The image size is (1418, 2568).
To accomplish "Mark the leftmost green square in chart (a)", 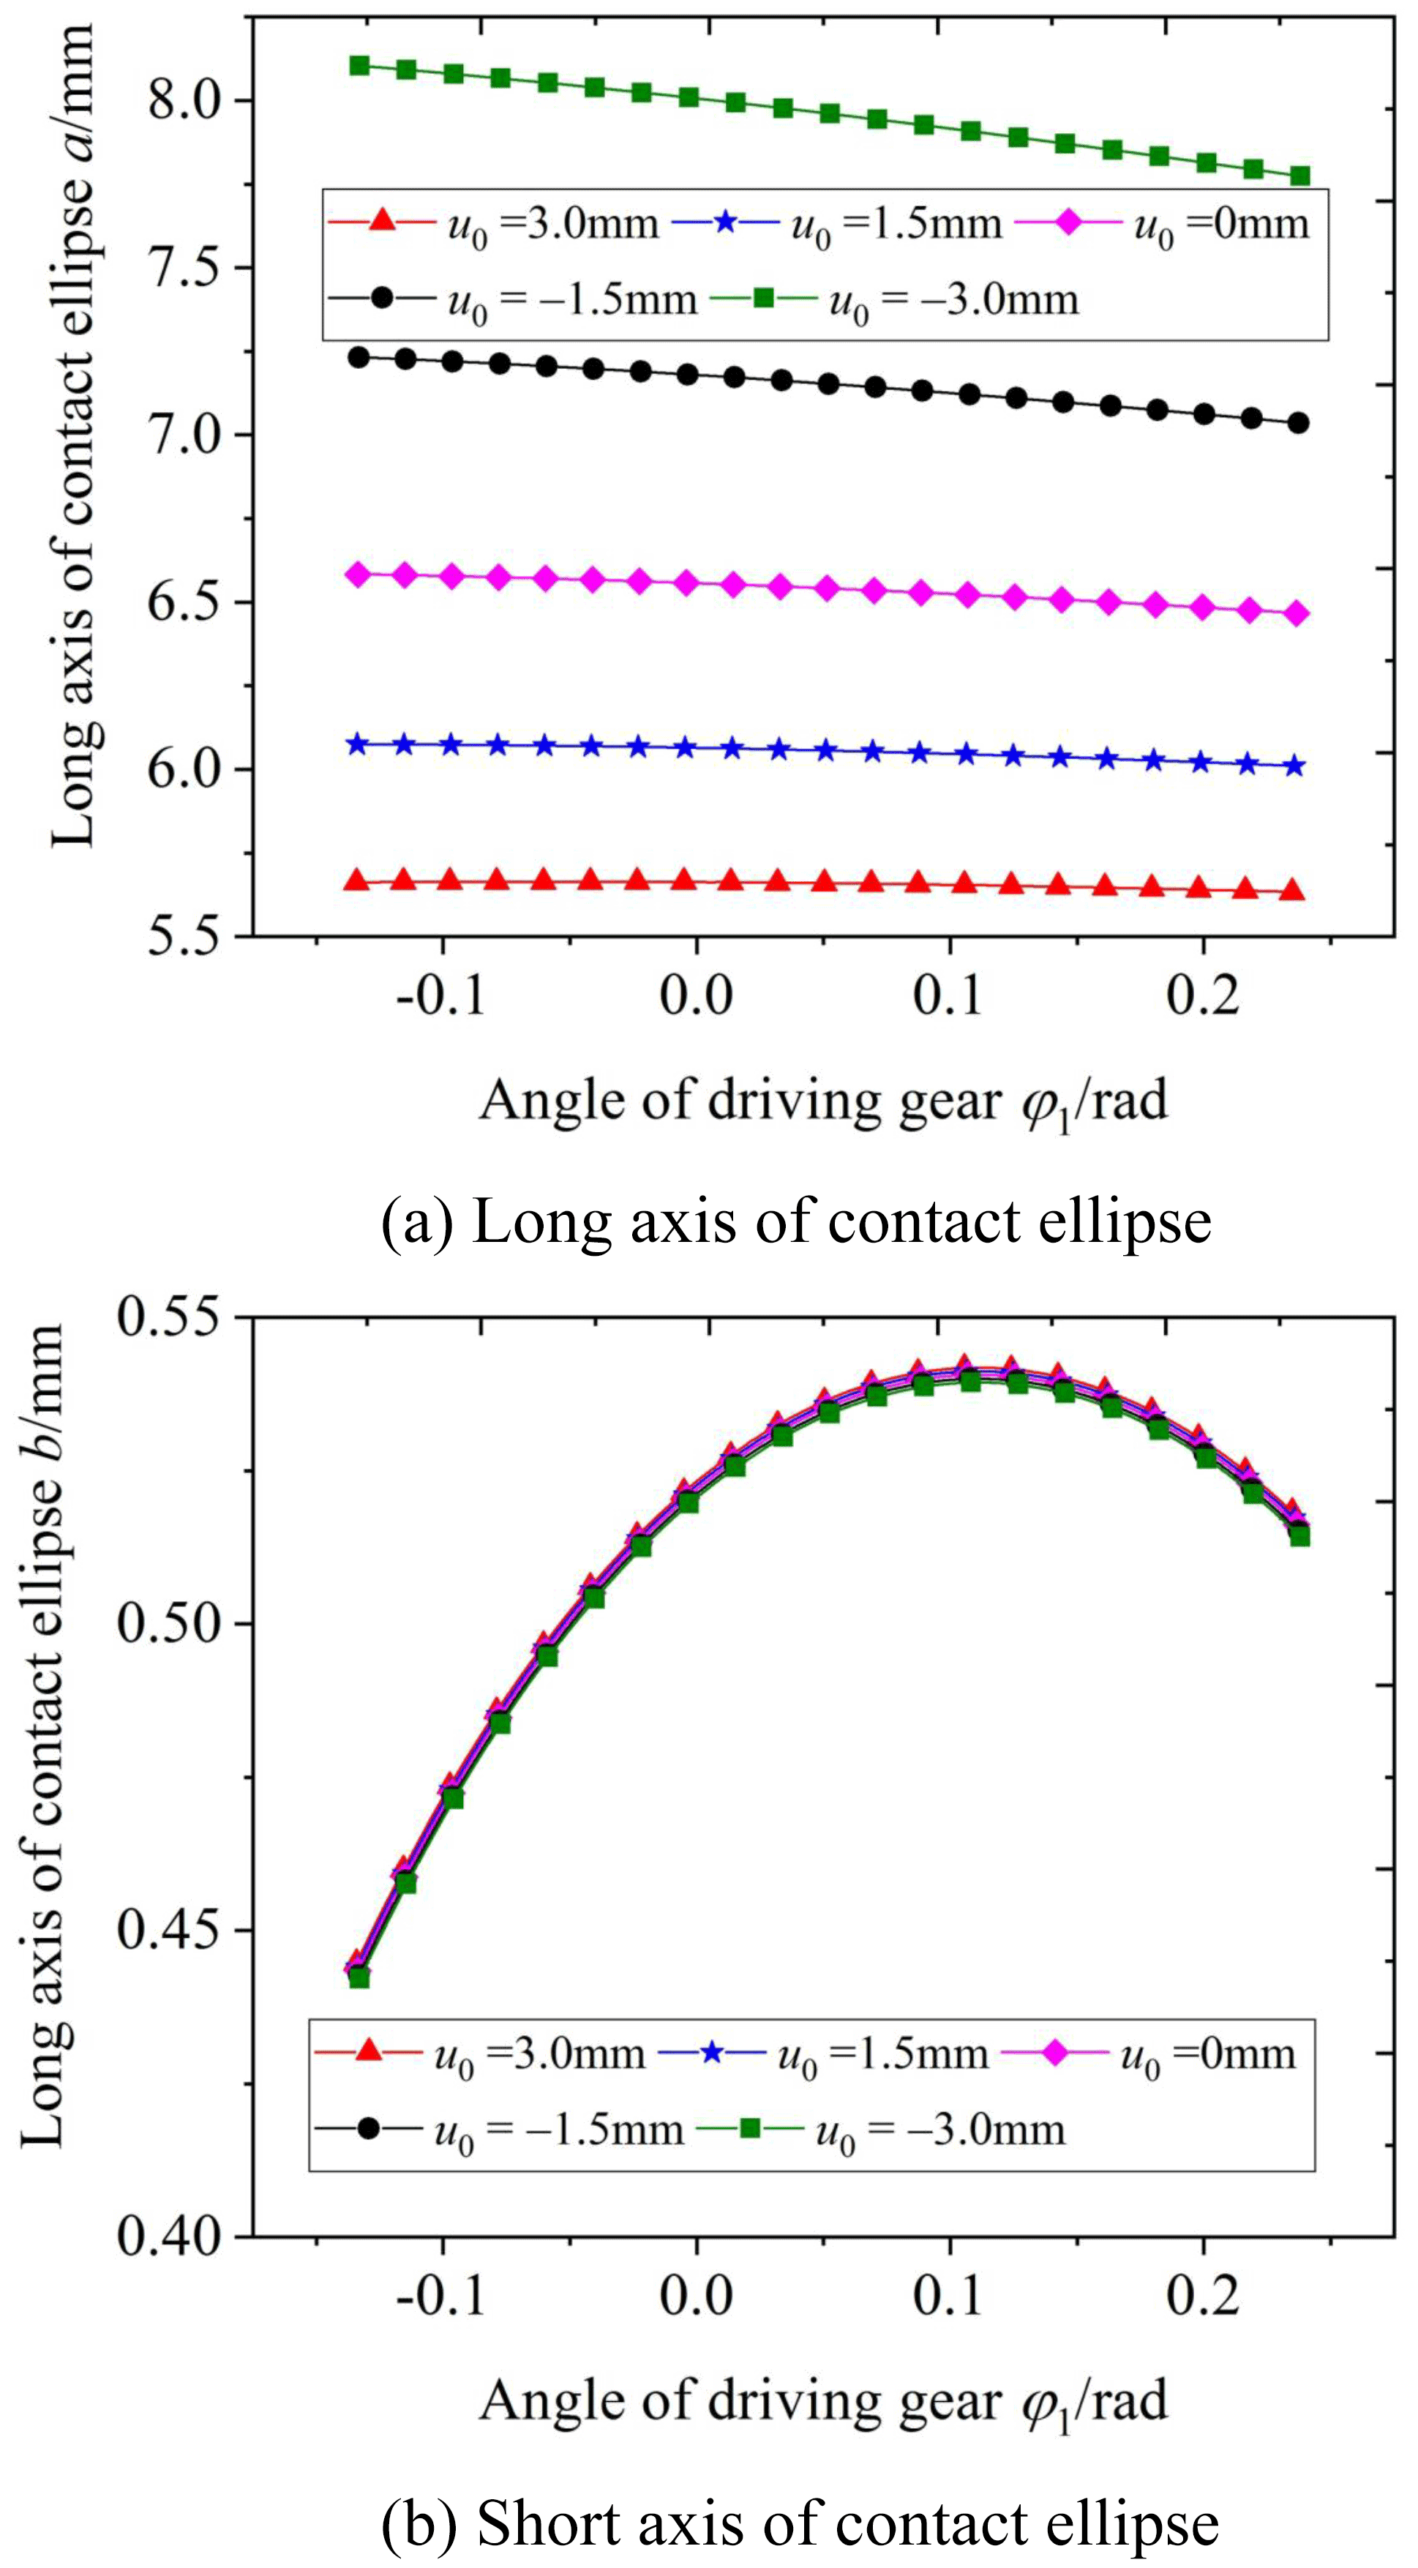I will coord(360,66).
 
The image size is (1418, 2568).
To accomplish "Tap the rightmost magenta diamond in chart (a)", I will coord(1297,614).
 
